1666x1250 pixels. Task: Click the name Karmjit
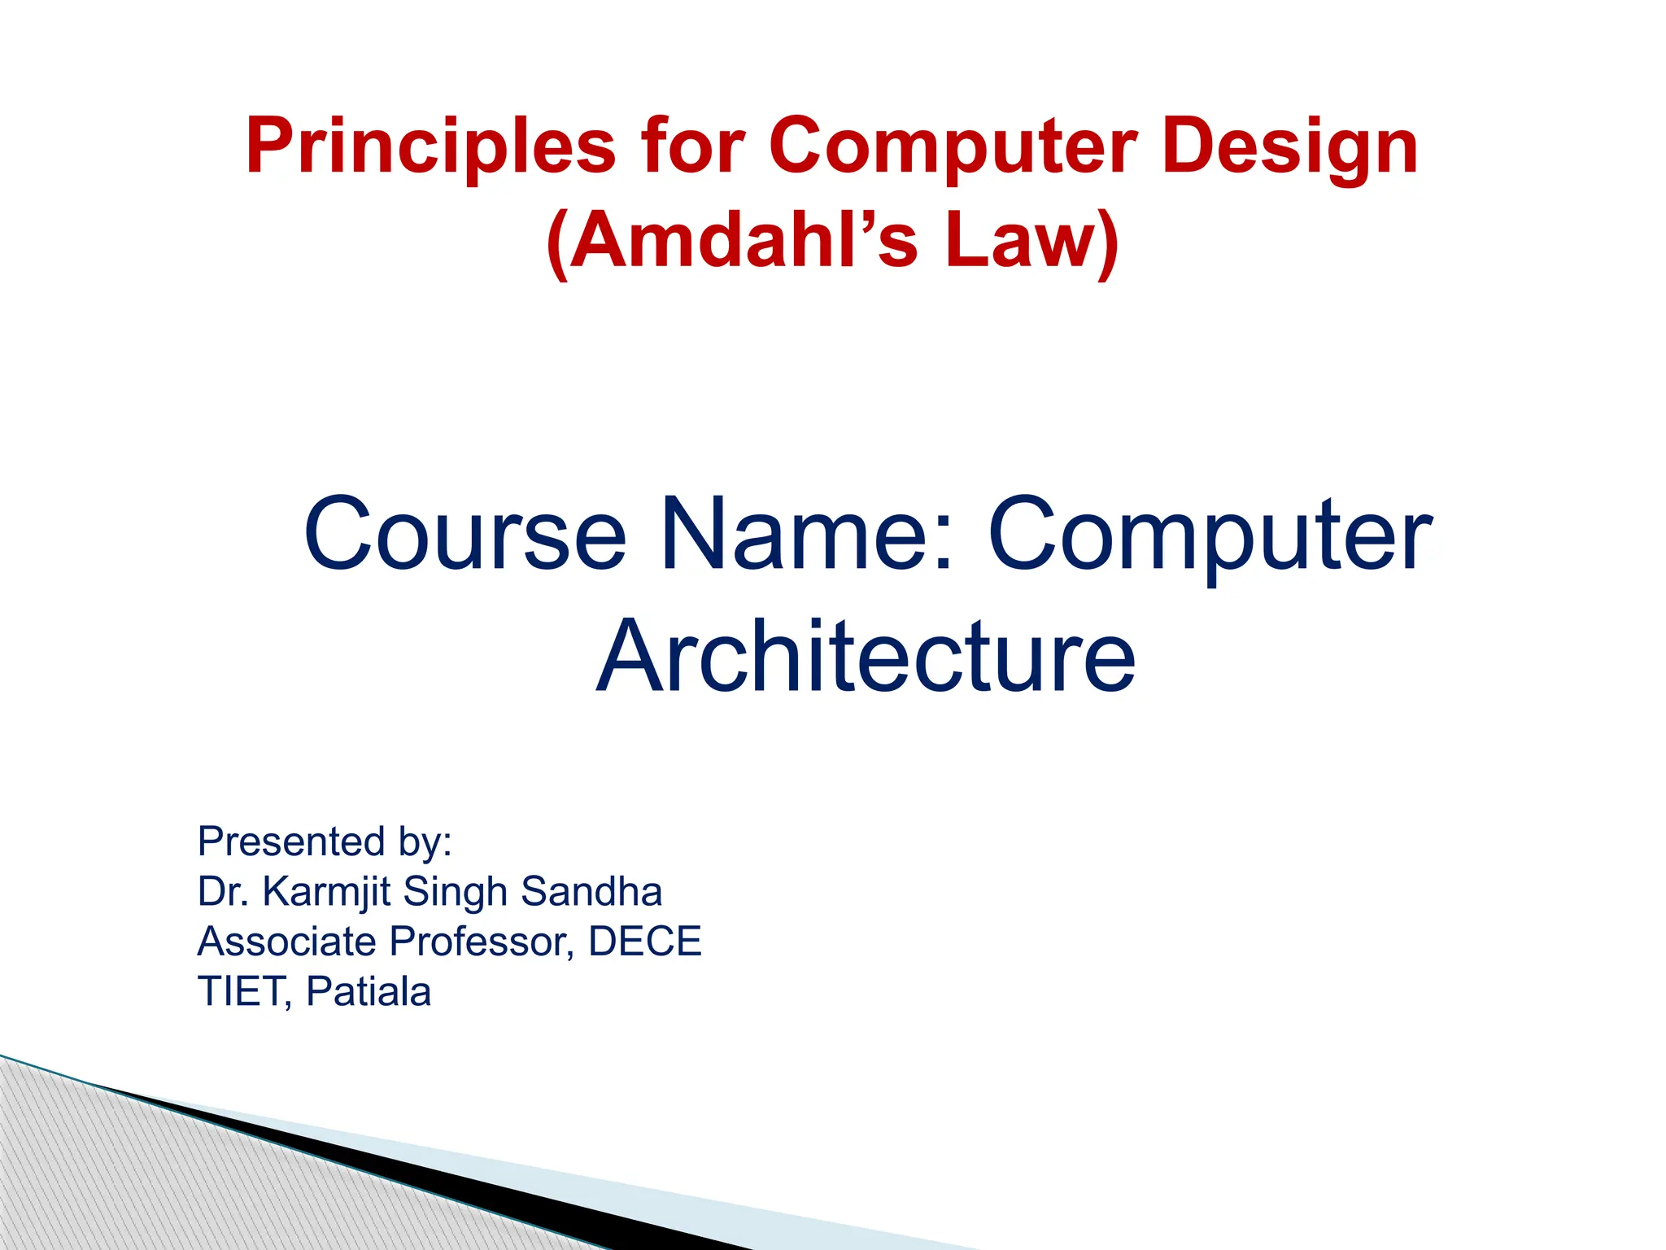328,893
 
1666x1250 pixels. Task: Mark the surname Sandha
591,891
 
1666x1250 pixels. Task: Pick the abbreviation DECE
644,942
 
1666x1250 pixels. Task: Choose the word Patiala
369,992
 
